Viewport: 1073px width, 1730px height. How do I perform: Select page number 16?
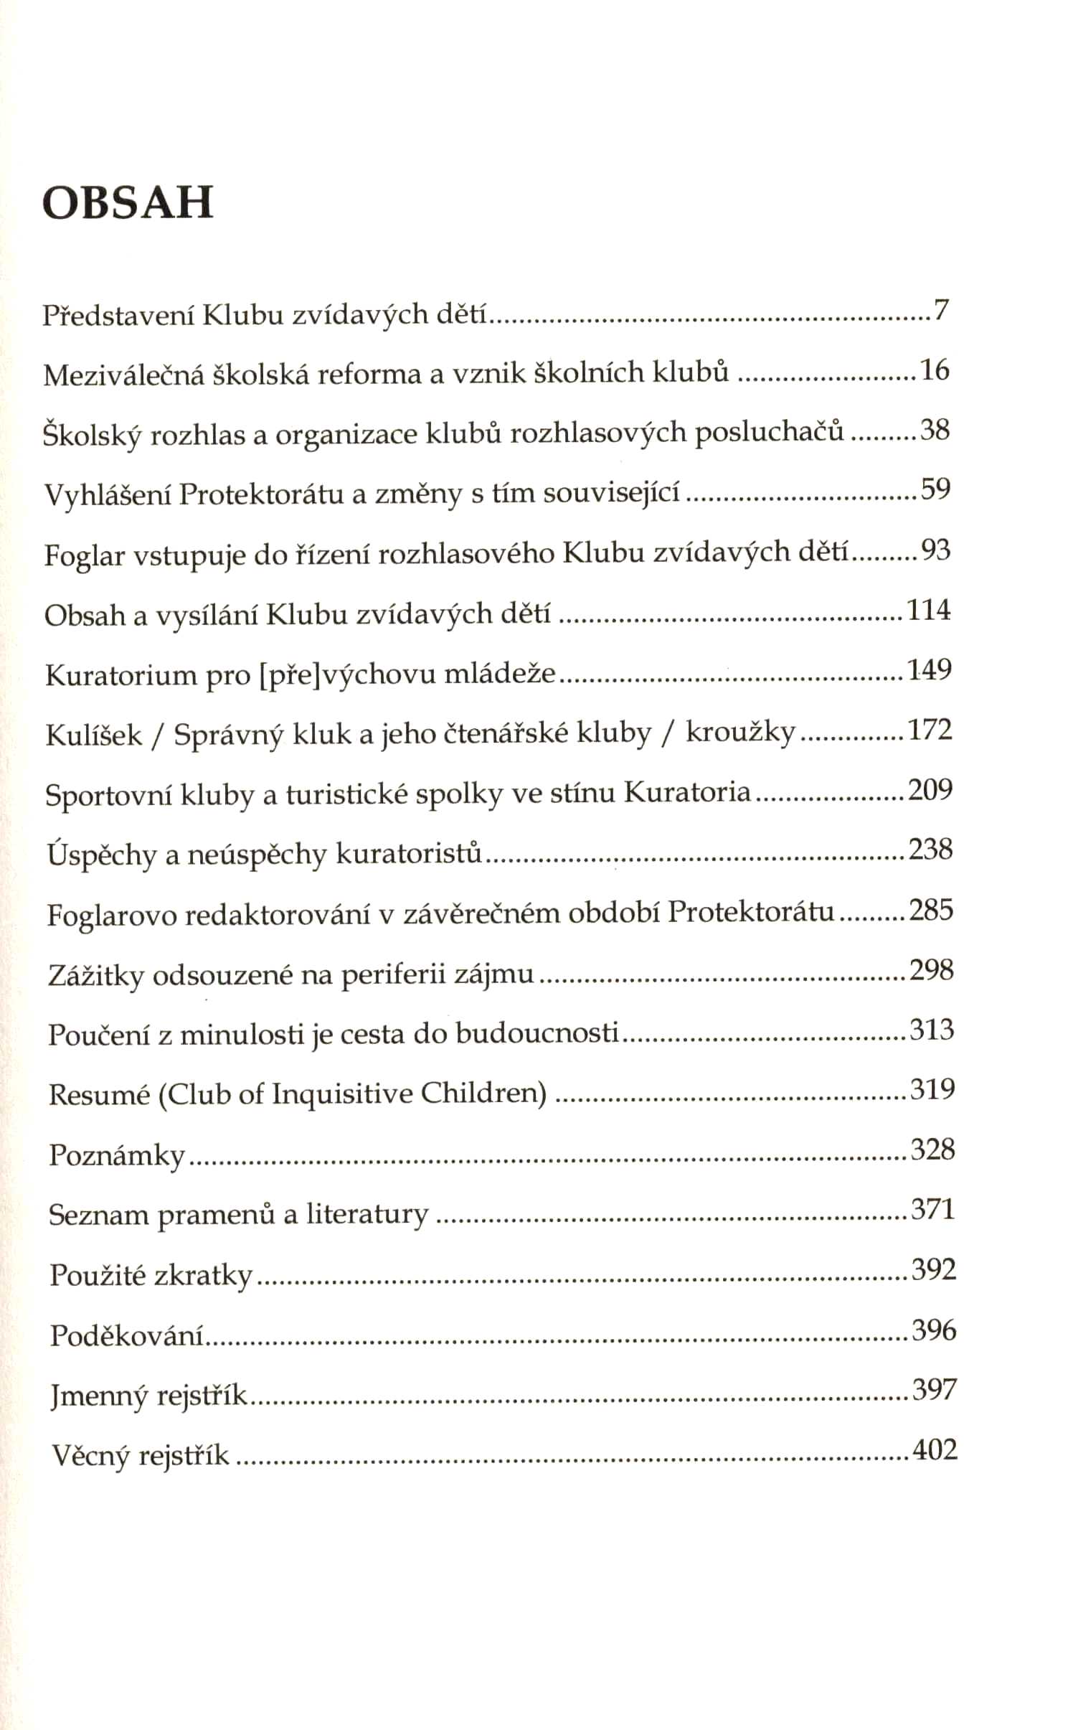pos(935,370)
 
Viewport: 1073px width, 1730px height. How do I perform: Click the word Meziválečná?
pos(124,375)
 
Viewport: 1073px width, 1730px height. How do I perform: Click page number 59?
pos(935,489)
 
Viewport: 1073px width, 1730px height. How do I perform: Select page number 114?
pos(929,610)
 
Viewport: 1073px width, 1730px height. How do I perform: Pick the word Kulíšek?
pos(94,735)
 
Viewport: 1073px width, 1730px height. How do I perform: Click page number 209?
pos(930,789)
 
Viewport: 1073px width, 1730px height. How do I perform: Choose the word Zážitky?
pos(96,976)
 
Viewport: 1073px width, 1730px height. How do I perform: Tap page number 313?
pos(932,1030)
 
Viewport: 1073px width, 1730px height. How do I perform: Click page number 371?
pos(933,1210)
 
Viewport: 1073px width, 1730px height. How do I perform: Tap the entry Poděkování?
pos(127,1335)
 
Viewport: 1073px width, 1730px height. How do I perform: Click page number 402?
pos(935,1450)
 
